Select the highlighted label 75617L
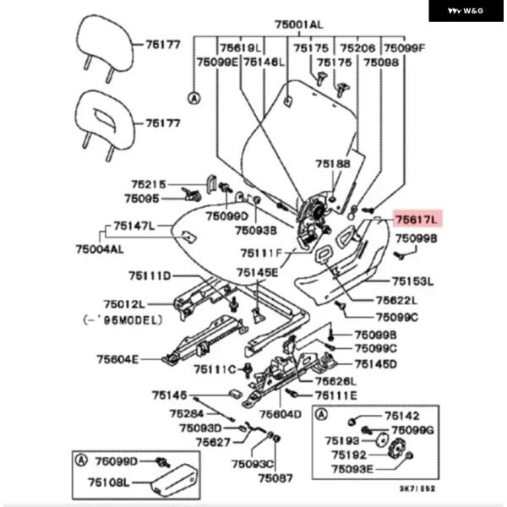tap(417, 220)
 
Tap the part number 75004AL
tap(99, 249)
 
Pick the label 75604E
tap(117, 359)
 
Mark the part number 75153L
tap(412, 281)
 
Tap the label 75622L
tap(373, 300)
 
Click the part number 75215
tap(149, 183)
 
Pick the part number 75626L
tap(336, 381)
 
